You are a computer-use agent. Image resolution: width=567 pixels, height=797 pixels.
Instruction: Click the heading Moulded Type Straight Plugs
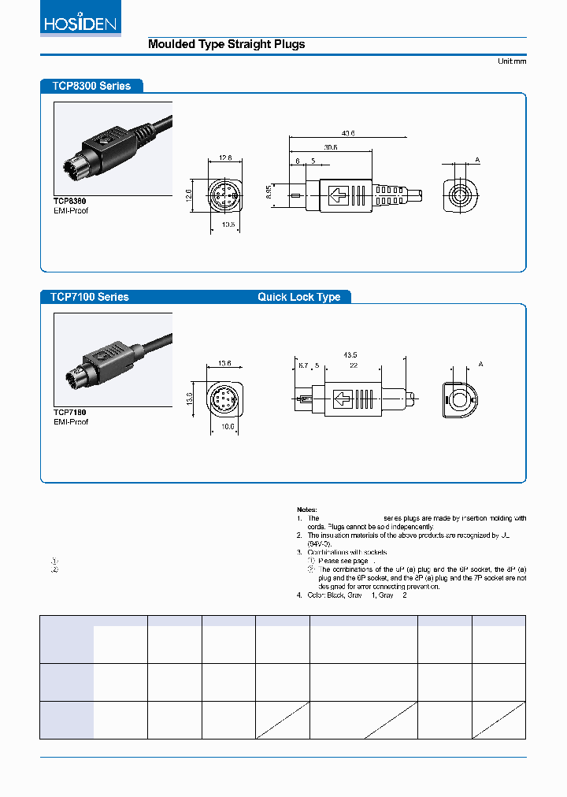(x=226, y=45)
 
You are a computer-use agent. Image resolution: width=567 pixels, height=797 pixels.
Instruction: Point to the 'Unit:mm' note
(x=511, y=61)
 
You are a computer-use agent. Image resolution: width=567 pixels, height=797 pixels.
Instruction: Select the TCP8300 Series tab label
(x=91, y=86)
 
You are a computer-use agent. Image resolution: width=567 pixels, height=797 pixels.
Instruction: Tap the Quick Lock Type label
(x=298, y=297)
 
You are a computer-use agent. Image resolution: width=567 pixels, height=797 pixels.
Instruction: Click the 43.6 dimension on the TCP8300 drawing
(x=347, y=134)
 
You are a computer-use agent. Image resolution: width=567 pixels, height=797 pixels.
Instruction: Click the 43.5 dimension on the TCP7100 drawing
(x=350, y=355)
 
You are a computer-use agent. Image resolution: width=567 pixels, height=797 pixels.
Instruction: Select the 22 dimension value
(x=354, y=365)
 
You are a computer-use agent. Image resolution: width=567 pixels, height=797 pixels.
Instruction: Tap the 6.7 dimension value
(x=303, y=365)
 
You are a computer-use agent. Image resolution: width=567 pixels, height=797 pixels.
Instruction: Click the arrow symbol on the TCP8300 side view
(x=339, y=194)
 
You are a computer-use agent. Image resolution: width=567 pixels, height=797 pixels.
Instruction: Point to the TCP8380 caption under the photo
(x=69, y=202)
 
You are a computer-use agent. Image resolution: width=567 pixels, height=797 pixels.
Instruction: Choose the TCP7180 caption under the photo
(x=69, y=412)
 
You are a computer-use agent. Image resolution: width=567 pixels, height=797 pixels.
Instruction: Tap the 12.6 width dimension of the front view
(x=226, y=158)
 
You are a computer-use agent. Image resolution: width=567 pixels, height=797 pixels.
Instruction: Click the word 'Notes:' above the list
(x=307, y=510)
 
